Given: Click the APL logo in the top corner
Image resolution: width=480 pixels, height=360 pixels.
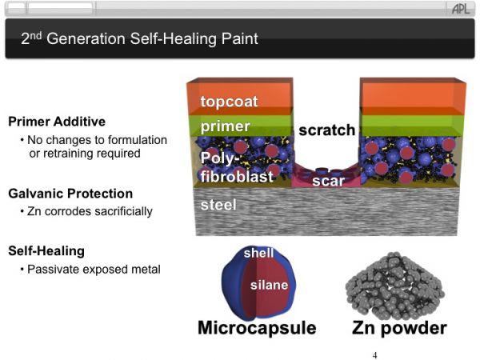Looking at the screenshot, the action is point(461,9).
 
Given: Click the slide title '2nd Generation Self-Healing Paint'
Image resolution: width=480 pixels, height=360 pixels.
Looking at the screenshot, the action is point(139,38).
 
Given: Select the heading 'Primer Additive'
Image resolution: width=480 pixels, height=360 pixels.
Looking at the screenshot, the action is point(57,122).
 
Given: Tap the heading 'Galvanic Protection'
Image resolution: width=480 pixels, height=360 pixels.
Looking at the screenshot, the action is point(70,194).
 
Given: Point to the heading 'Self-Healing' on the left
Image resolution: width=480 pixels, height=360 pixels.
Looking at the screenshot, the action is point(46,251).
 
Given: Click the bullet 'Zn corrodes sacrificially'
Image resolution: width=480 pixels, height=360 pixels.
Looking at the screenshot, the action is point(90,211).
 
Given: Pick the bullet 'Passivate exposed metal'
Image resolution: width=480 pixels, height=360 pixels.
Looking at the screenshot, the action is point(94,270).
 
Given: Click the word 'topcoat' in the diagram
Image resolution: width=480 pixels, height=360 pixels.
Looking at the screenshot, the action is point(229,102).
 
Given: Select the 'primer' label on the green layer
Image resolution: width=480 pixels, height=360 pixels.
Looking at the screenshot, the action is point(226,126).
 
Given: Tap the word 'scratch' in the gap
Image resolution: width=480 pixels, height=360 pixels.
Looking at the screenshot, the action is point(327,130).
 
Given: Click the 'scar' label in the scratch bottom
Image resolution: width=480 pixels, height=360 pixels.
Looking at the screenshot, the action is point(329,181).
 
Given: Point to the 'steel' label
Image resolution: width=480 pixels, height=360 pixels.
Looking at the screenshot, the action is point(218,205).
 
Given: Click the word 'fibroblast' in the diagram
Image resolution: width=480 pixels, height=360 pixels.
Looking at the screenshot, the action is point(237,176).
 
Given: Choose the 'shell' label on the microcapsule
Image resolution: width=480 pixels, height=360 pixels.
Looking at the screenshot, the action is point(258,253).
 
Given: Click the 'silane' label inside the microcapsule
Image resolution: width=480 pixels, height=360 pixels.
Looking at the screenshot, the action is point(269,285).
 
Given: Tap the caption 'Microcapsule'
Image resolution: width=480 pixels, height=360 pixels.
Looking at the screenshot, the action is point(257,327).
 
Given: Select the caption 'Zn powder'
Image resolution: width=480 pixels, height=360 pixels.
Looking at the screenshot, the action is point(399,328).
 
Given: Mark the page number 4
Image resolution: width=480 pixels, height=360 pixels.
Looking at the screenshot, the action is point(374,355).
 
